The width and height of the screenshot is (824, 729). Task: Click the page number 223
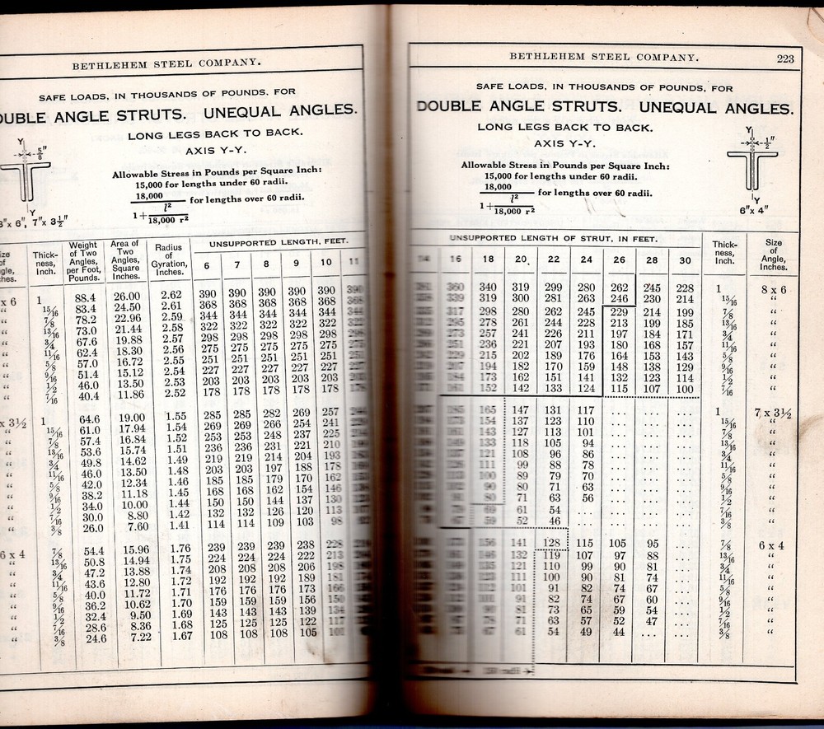pos(784,58)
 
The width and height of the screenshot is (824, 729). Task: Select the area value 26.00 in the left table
pos(126,297)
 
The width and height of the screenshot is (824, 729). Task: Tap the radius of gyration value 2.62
pos(171,295)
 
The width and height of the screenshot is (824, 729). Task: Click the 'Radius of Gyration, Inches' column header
pos(168,261)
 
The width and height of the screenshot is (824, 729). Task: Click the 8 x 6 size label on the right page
pos(774,290)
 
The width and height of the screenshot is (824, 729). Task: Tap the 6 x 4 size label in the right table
pos(773,545)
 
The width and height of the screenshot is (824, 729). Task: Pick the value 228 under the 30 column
pos(685,287)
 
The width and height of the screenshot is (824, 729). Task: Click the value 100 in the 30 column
pos(685,389)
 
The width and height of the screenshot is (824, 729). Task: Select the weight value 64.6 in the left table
pos(88,419)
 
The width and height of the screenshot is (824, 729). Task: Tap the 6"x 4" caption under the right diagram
pos(756,212)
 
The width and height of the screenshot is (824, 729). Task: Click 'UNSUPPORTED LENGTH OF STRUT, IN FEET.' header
pos(552,238)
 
